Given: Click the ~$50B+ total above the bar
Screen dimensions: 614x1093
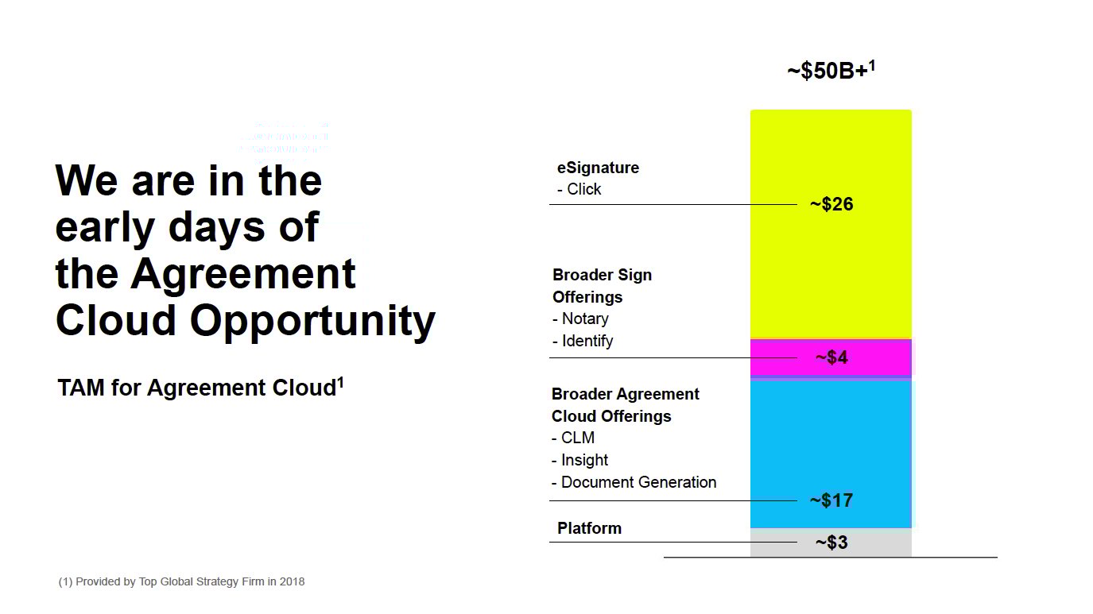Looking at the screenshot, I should [831, 71].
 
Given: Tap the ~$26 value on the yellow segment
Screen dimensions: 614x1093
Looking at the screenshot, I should [831, 204].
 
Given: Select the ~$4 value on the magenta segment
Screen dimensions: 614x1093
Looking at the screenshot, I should [831, 357].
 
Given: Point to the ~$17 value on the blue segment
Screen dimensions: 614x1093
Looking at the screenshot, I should [831, 500].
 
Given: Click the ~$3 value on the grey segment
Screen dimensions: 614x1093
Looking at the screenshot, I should [831, 543].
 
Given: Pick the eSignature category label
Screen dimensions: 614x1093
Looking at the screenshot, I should [598, 168].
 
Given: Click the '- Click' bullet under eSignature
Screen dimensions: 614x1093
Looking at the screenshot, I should [579, 189].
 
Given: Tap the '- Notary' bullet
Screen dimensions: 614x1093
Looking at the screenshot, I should [581, 319].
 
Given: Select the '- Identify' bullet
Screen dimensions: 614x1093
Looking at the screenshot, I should [583, 341].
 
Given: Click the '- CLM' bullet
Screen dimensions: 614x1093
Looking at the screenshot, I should [573, 438].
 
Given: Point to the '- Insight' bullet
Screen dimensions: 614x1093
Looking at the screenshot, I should [580, 460].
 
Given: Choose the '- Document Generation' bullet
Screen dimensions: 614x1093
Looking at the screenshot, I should [634, 482].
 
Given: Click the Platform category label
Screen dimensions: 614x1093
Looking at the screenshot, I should [589, 528].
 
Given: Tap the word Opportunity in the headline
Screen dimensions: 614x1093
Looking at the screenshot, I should [312, 321].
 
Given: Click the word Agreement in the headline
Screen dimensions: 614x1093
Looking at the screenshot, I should [243, 274].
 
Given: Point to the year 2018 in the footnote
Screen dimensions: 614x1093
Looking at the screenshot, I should [291, 581].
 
